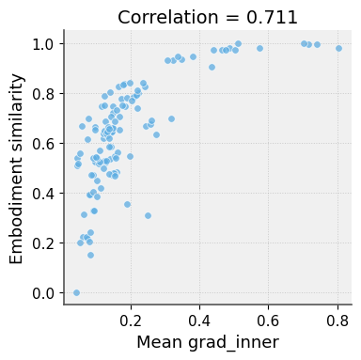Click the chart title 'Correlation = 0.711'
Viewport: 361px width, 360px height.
coord(207,17)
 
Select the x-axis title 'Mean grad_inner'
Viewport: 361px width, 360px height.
coord(208,342)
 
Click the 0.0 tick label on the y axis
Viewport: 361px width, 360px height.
coord(43,293)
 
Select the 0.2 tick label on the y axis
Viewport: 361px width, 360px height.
coord(43,243)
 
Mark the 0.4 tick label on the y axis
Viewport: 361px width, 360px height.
coord(43,194)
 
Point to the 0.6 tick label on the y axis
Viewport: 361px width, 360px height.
coord(43,144)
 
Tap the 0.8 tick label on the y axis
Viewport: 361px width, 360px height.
coord(43,94)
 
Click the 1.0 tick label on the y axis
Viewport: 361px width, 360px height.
coord(43,44)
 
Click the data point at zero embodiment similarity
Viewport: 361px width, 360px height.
coord(76,293)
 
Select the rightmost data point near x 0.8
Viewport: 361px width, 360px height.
coord(338,48)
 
